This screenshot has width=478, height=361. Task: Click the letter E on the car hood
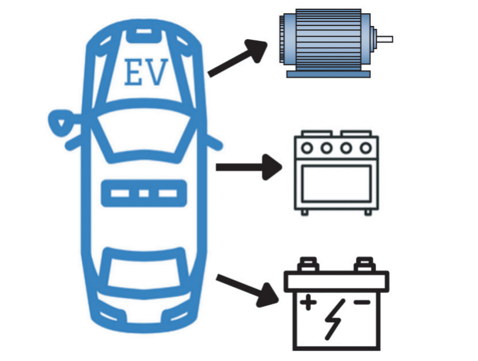[133, 72]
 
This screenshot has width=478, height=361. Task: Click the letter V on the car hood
[155, 72]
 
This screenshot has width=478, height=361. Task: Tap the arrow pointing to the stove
[249, 167]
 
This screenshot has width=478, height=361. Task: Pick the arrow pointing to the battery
[248, 290]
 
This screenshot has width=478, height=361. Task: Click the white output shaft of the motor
[385, 39]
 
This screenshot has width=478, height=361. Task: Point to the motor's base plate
[328, 74]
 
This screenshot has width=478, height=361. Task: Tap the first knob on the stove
[307, 149]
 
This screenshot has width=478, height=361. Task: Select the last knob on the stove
[366, 149]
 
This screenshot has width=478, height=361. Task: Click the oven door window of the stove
[336, 184]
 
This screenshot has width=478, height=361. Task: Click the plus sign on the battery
[308, 302]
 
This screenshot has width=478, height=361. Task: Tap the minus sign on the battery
[362, 302]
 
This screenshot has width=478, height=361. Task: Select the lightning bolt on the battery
[335, 320]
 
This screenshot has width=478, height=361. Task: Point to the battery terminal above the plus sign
[308, 264]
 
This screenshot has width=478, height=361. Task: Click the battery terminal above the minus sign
[365, 264]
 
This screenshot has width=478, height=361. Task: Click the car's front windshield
[144, 135]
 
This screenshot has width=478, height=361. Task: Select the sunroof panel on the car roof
[144, 193]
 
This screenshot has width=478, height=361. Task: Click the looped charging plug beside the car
[63, 123]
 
